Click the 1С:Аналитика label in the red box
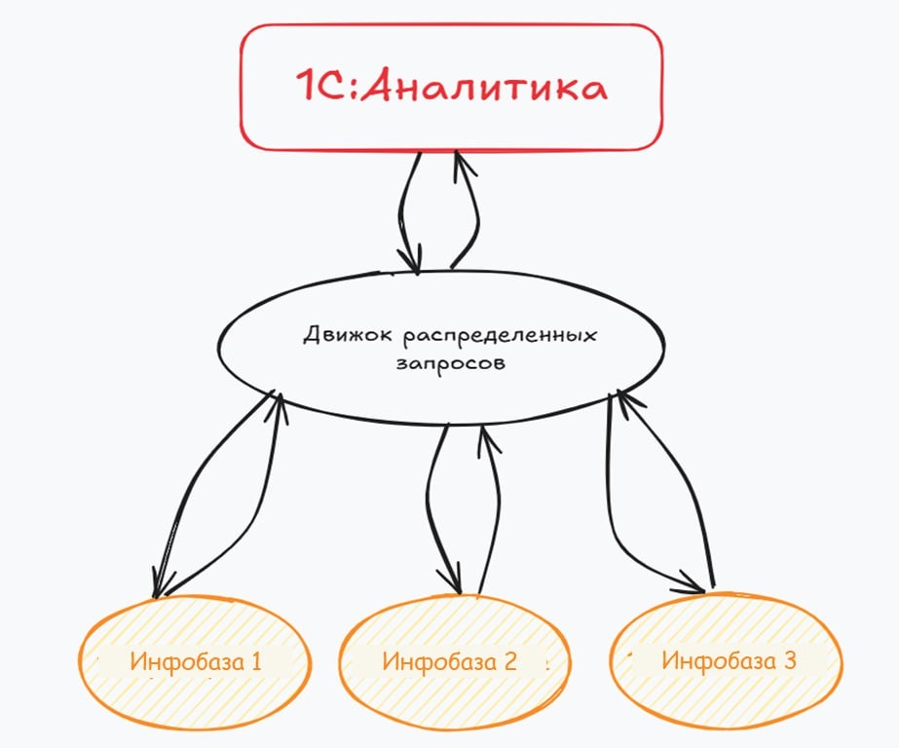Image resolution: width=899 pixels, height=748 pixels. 451,88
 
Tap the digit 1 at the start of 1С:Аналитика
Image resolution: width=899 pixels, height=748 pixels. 306,88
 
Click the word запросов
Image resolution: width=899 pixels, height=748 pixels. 450,362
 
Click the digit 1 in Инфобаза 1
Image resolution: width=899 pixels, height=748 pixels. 256,662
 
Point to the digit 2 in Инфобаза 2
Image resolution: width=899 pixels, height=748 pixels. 510,662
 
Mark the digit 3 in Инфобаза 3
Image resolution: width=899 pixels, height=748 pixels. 789,660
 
